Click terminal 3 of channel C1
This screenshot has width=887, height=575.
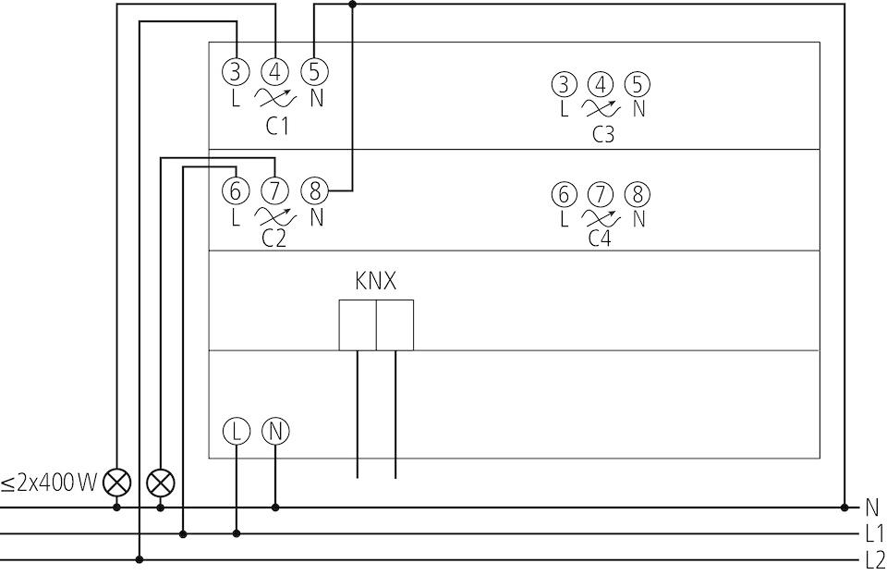click(236, 72)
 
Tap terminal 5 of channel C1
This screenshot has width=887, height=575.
click(314, 72)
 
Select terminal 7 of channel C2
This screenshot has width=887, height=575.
click(275, 191)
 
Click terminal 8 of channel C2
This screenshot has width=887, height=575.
click(314, 191)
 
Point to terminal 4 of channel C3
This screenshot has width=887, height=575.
click(601, 85)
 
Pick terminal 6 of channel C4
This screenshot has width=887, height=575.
click(564, 195)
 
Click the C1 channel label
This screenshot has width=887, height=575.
click(277, 127)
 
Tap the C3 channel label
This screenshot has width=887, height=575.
click(603, 135)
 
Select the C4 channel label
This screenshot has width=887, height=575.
click(600, 239)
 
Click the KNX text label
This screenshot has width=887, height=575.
click(376, 281)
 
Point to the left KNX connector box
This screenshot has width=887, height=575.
click(358, 325)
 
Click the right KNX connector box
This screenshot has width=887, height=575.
click(395, 325)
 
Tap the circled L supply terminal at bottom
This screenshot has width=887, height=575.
click(237, 432)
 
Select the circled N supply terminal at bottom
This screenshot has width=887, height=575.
click(275, 432)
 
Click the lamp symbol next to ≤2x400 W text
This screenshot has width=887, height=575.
click(116, 483)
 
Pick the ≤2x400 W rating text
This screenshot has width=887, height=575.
click(49, 483)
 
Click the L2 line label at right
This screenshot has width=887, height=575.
click(875, 560)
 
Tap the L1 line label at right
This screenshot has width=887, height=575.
click(875, 533)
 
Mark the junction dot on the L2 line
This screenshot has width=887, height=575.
click(140, 559)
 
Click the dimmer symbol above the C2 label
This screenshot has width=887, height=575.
click(275, 216)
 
